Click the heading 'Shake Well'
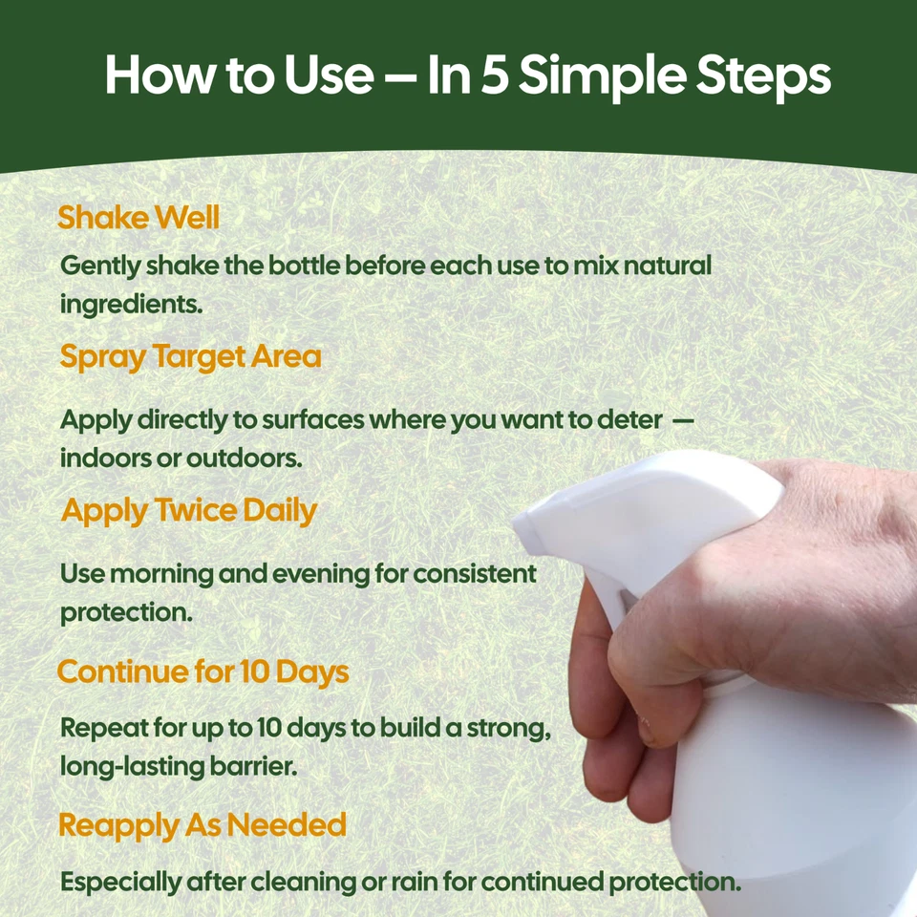click(139, 218)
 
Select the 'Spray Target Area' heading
click(190, 356)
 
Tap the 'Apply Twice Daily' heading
click(189, 510)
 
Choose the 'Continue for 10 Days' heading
click(203, 672)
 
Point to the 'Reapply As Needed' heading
click(202, 824)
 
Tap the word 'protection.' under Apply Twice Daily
click(126, 612)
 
